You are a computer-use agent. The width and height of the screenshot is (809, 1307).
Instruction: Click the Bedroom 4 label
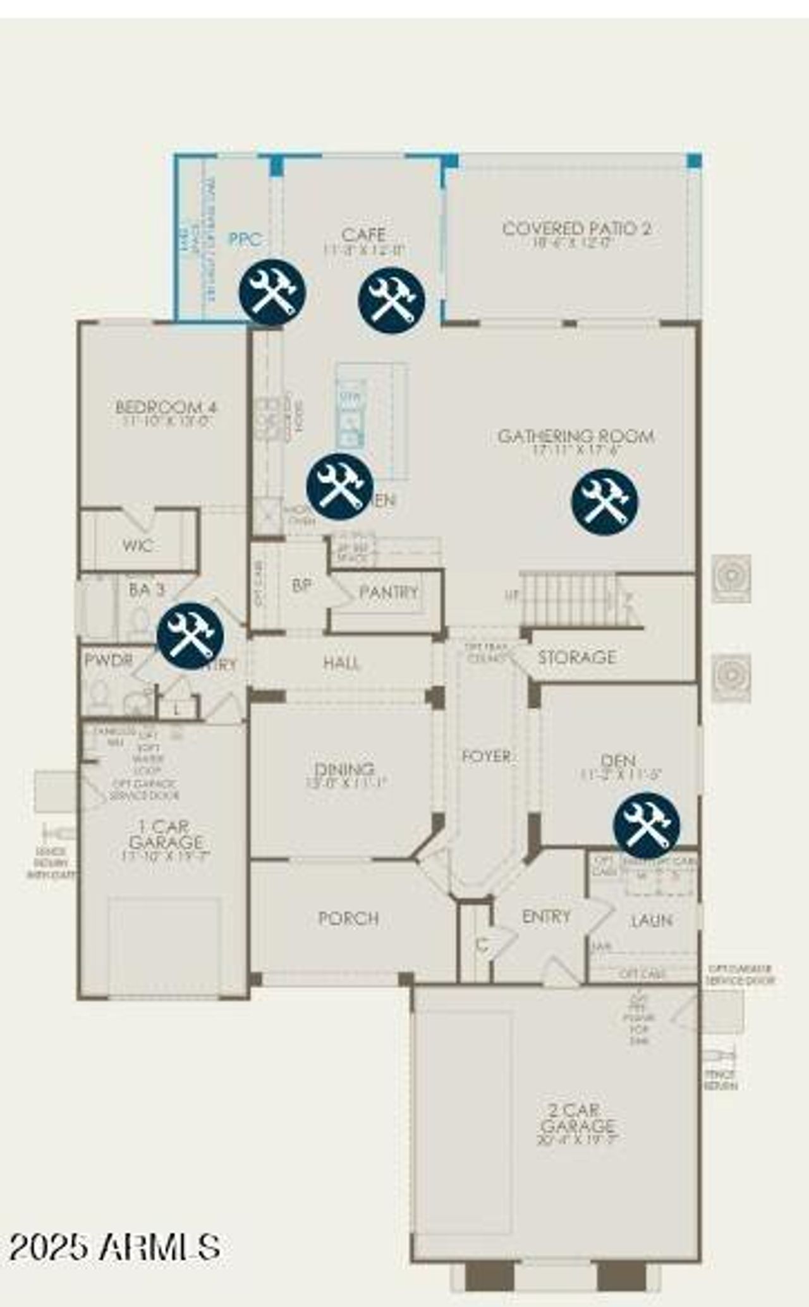tap(166, 407)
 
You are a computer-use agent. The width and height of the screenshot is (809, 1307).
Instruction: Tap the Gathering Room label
tap(575, 437)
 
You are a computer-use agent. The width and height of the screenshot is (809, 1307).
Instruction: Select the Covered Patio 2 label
tap(576, 229)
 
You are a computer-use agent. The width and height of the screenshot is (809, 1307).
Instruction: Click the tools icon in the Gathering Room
tap(604, 502)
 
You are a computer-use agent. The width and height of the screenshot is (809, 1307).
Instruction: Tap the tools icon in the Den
tap(647, 826)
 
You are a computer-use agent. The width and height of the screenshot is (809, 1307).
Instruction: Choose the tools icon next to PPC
tap(272, 292)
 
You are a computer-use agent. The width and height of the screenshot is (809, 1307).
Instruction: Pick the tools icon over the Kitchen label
tap(339, 486)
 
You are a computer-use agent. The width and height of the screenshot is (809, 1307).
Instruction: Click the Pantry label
tap(388, 592)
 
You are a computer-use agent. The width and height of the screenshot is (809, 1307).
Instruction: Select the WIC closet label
tap(137, 545)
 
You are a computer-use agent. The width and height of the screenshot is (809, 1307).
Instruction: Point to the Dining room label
tap(344, 769)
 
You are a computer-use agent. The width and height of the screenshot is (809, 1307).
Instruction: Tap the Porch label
tap(348, 919)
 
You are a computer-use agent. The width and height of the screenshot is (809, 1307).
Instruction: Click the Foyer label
tap(486, 756)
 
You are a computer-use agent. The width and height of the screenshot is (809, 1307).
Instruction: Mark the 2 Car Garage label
tap(577, 1118)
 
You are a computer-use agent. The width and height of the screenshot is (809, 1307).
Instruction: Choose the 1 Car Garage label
tap(166, 834)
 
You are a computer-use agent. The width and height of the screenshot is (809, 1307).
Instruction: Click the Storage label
tap(576, 657)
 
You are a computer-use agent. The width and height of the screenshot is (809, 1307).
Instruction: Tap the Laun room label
tap(651, 920)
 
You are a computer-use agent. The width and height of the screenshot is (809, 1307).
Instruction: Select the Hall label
tap(341, 663)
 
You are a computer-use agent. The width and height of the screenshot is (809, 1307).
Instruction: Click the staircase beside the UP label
tap(569, 598)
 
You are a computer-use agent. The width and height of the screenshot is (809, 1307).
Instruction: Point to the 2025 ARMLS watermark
tap(114, 1246)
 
